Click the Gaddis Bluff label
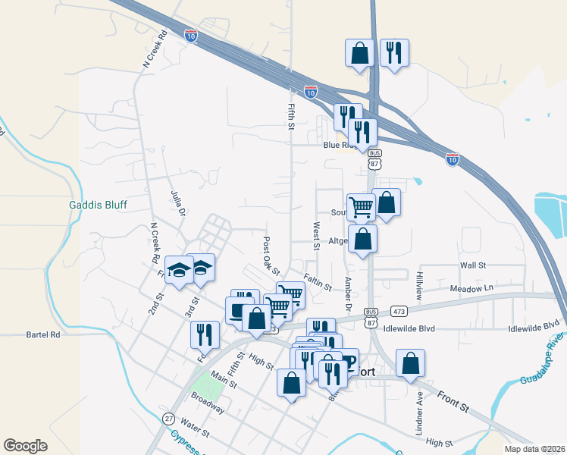98,205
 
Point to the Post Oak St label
271,256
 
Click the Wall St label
472,265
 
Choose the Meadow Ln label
471,288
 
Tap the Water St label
195,429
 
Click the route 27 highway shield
168,418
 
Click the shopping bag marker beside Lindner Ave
410,362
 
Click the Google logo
25,446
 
